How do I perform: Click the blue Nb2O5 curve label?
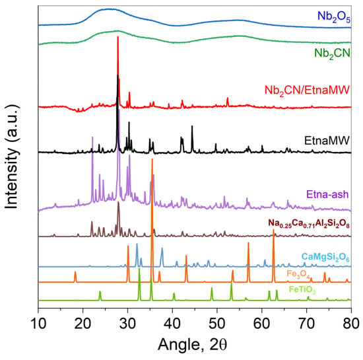pos(334,17)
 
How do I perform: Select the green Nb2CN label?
pos(332,54)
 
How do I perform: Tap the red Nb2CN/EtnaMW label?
pos(307,90)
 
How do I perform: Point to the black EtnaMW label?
pos(327,141)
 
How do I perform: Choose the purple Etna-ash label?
pos(327,194)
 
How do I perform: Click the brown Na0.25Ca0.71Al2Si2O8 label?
pos(309,223)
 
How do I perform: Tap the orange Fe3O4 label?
pos(298,274)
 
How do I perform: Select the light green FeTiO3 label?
pos(302,290)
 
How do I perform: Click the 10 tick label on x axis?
pos(38,324)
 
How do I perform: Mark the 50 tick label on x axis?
pos(217,324)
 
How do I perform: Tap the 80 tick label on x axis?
pos(351,324)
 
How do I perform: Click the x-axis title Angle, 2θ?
pos(193,345)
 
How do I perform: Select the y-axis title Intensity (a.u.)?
pos(11,157)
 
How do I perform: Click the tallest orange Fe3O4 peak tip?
pos(152,159)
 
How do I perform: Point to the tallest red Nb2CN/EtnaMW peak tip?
pos(118,36)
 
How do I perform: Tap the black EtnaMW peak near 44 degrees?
pos(192,126)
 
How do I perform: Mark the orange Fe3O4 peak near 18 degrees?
pos(75,271)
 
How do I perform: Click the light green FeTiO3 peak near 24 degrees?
pos(100,291)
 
